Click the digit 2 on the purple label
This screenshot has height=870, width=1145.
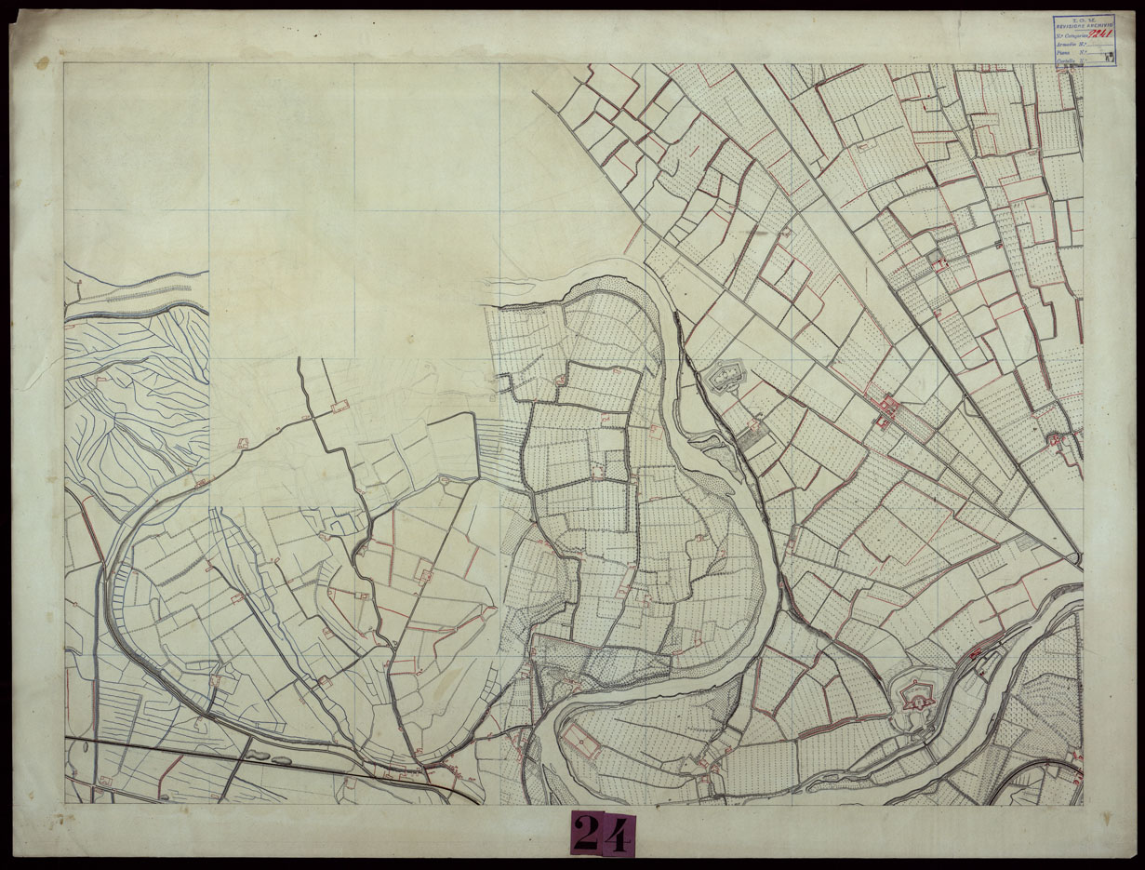[x=586, y=834]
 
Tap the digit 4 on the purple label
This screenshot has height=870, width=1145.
[x=617, y=834]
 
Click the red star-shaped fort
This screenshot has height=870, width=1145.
[x=916, y=694]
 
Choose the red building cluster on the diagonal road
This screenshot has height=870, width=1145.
[x=886, y=410]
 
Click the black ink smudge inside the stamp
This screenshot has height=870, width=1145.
[x=1111, y=57]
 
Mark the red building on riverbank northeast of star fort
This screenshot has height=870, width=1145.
[x=979, y=654]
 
